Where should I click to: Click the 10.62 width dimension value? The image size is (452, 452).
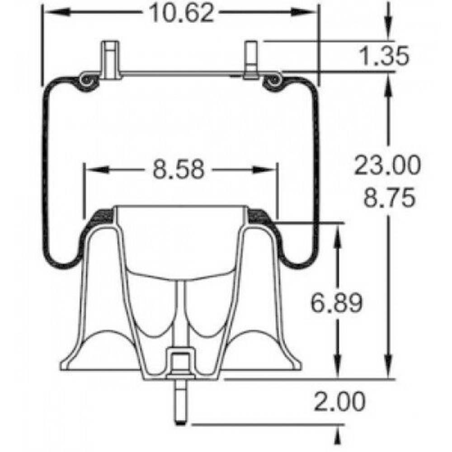click(182, 13)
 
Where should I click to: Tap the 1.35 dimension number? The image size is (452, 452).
click(384, 56)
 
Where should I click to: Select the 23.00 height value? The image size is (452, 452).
click(387, 165)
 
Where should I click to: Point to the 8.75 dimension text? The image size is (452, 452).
click(389, 198)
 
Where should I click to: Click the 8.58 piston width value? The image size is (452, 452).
click(179, 169)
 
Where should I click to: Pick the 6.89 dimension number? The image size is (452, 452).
click(336, 303)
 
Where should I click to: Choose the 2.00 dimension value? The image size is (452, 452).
click(339, 401)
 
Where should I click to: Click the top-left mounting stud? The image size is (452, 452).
click(110, 60)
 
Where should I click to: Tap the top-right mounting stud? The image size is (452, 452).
click(251, 60)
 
